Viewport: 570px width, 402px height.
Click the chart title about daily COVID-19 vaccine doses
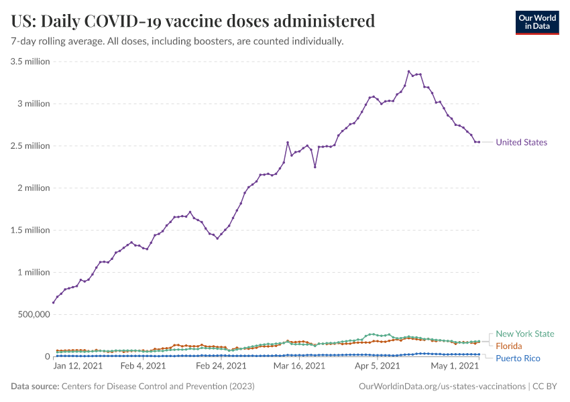(193, 21)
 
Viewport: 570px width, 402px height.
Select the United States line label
(521, 142)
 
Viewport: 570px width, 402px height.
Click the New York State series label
(525, 334)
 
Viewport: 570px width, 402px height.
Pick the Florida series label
(509, 346)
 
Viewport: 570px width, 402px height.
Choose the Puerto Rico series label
(518, 358)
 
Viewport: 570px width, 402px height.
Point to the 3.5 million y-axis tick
(30, 62)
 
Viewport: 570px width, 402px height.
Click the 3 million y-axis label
(34, 104)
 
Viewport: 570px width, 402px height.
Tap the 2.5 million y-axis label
(30, 146)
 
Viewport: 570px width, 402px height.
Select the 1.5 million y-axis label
(30, 230)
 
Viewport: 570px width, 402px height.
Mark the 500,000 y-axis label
(32, 314)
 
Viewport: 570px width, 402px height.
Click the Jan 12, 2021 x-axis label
(78, 366)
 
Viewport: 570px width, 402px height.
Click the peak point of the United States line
(408, 72)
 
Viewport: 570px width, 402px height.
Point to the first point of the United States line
(54, 302)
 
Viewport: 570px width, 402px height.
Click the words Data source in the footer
(35, 387)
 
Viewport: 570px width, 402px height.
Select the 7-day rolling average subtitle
(177, 42)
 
